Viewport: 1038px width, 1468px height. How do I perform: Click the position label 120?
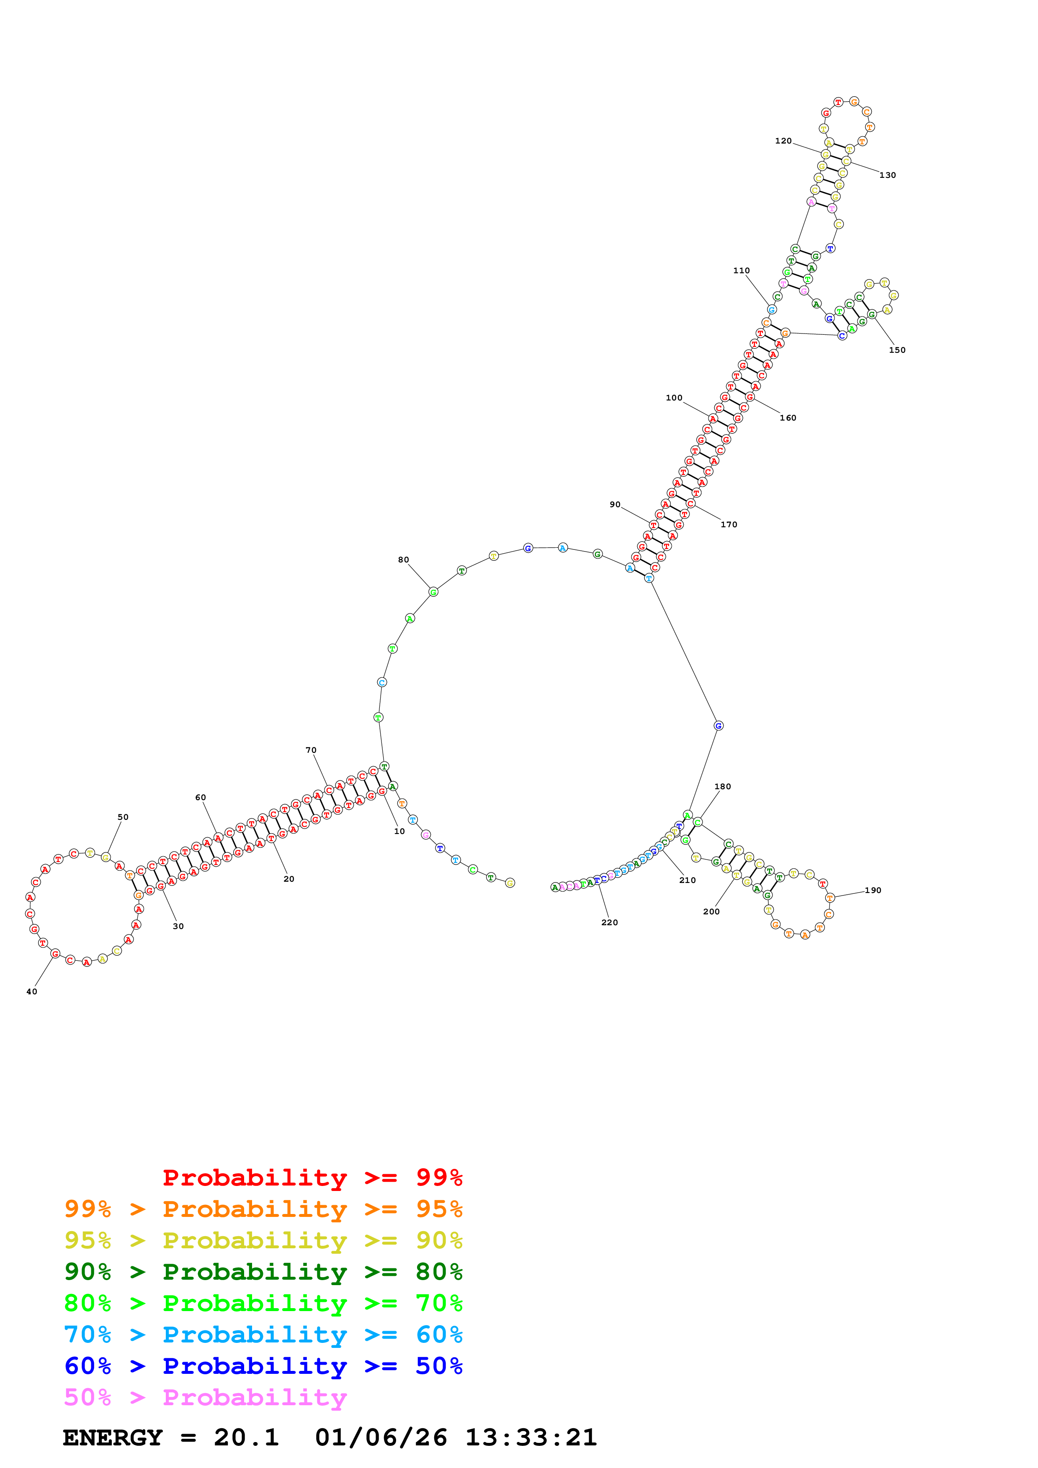tap(783, 141)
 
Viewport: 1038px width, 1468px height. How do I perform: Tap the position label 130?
tap(887, 175)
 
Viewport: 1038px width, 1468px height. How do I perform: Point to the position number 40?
tap(31, 992)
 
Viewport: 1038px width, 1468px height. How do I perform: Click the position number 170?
tap(729, 524)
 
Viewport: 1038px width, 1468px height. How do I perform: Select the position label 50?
tap(123, 817)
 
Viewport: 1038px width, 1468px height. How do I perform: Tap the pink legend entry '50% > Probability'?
tap(205, 1398)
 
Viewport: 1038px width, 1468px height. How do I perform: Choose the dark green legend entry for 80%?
tap(263, 1272)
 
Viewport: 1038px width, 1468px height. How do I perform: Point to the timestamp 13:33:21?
tap(531, 1437)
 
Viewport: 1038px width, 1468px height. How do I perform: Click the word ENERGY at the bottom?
tap(113, 1437)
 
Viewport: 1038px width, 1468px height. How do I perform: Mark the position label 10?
tap(399, 831)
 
